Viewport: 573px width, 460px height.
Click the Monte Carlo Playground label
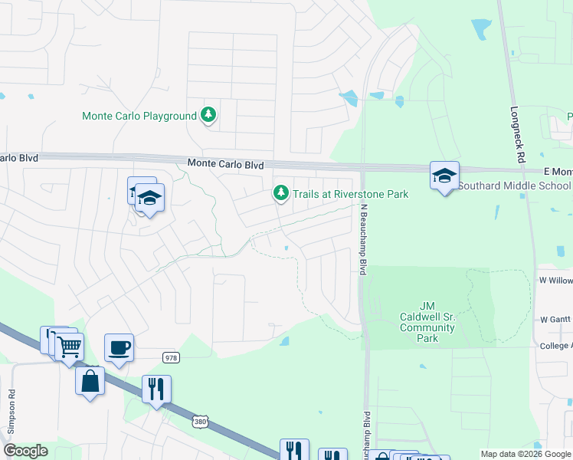tap(139, 117)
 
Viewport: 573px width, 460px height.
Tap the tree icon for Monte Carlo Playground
tap(208, 116)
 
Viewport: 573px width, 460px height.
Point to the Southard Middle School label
tap(515, 186)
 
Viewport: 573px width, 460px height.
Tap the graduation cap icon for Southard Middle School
tap(444, 176)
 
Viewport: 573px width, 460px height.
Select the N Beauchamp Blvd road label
tap(363, 235)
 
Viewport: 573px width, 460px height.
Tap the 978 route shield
tap(171, 357)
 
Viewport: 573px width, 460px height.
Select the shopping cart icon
tap(69, 346)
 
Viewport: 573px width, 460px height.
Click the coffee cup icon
tap(119, 347)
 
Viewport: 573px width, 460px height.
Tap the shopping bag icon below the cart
tap(90, 379)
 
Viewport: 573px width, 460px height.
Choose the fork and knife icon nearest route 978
tap(156, 389)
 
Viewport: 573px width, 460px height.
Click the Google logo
tap(26, 451)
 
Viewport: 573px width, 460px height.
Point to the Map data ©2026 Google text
tap(525, 454)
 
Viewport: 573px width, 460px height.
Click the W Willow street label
tap(555, 281)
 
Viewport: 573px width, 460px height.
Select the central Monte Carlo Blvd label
tap(225, 165)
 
